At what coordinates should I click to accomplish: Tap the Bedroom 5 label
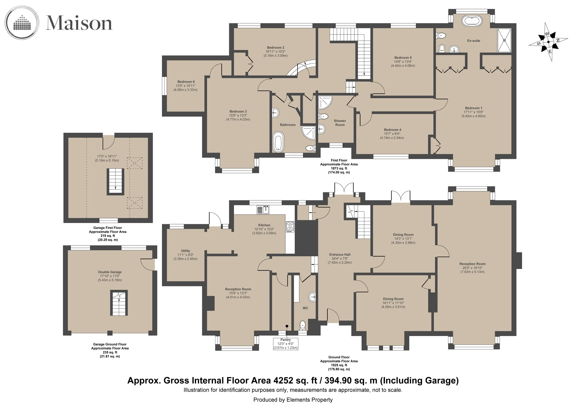click(403, 58)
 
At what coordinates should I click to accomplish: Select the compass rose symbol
click(548, 42)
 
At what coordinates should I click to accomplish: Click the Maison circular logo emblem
click(22, 23)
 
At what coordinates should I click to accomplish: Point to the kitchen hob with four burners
click(290, 227)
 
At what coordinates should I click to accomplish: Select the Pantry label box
click(286, 344)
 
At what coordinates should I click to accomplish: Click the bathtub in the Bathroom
click(278, 142)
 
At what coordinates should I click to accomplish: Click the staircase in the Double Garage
click(119, 303)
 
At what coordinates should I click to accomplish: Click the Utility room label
click(186, 251)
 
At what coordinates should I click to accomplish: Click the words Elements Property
click(310, 400)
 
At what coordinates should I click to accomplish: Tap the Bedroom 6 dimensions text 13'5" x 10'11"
click(186, 86)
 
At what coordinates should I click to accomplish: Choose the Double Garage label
click(110, 272)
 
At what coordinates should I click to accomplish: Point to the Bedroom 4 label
click(392, 130)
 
